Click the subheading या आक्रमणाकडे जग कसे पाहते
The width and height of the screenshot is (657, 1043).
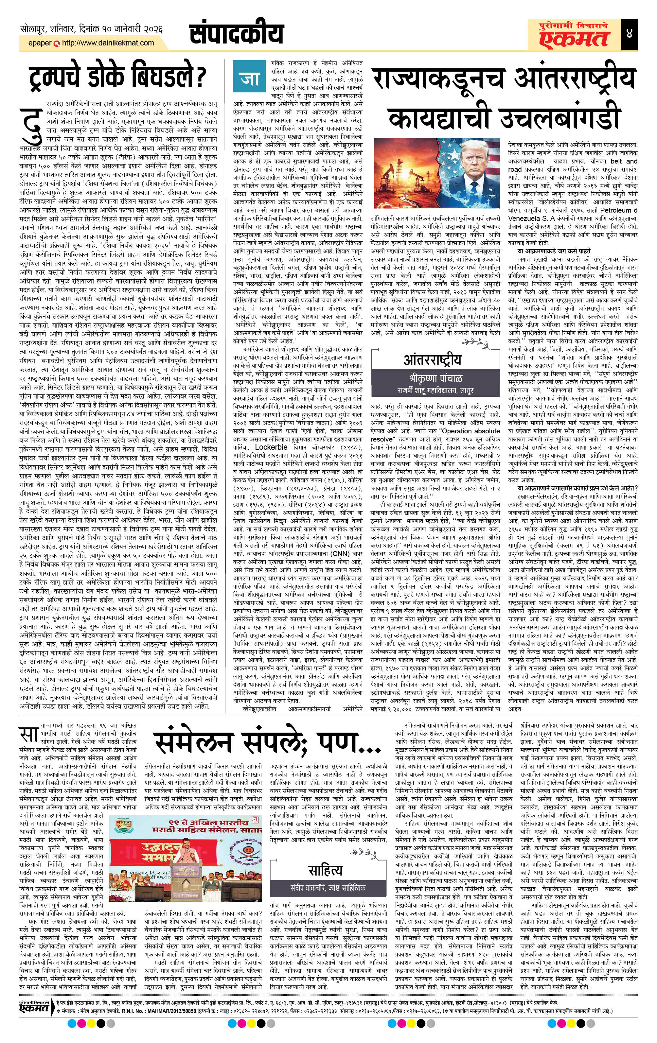(559, 251)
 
